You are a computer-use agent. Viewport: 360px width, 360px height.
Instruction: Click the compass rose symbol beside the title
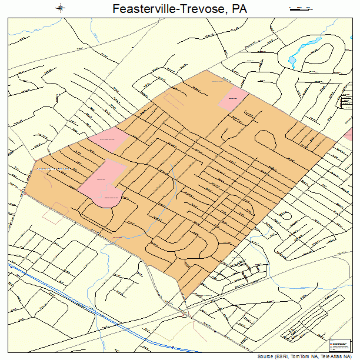click(x=61, y=8)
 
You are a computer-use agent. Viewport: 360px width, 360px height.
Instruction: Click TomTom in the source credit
click(x=298, y=356)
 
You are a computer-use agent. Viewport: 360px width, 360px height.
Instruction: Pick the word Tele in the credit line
click(x=322, y=356)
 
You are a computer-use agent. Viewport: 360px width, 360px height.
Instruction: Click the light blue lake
click(x=292, y=59)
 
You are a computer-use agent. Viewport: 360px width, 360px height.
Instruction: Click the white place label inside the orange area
click(x=54, y=169)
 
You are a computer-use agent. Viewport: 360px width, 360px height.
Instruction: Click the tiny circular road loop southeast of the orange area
click(x=286, y=215)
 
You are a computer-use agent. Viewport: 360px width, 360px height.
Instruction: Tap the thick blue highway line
click(x=88, y=299)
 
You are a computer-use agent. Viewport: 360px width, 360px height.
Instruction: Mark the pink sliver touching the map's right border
click(x=348, y=136)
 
